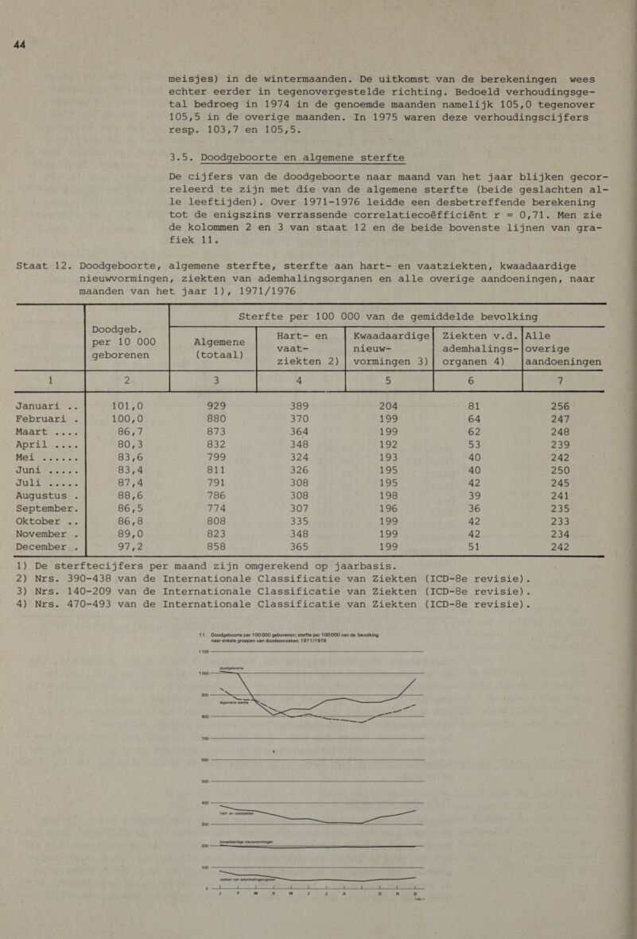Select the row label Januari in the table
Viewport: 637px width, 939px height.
[x=41, y=384]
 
